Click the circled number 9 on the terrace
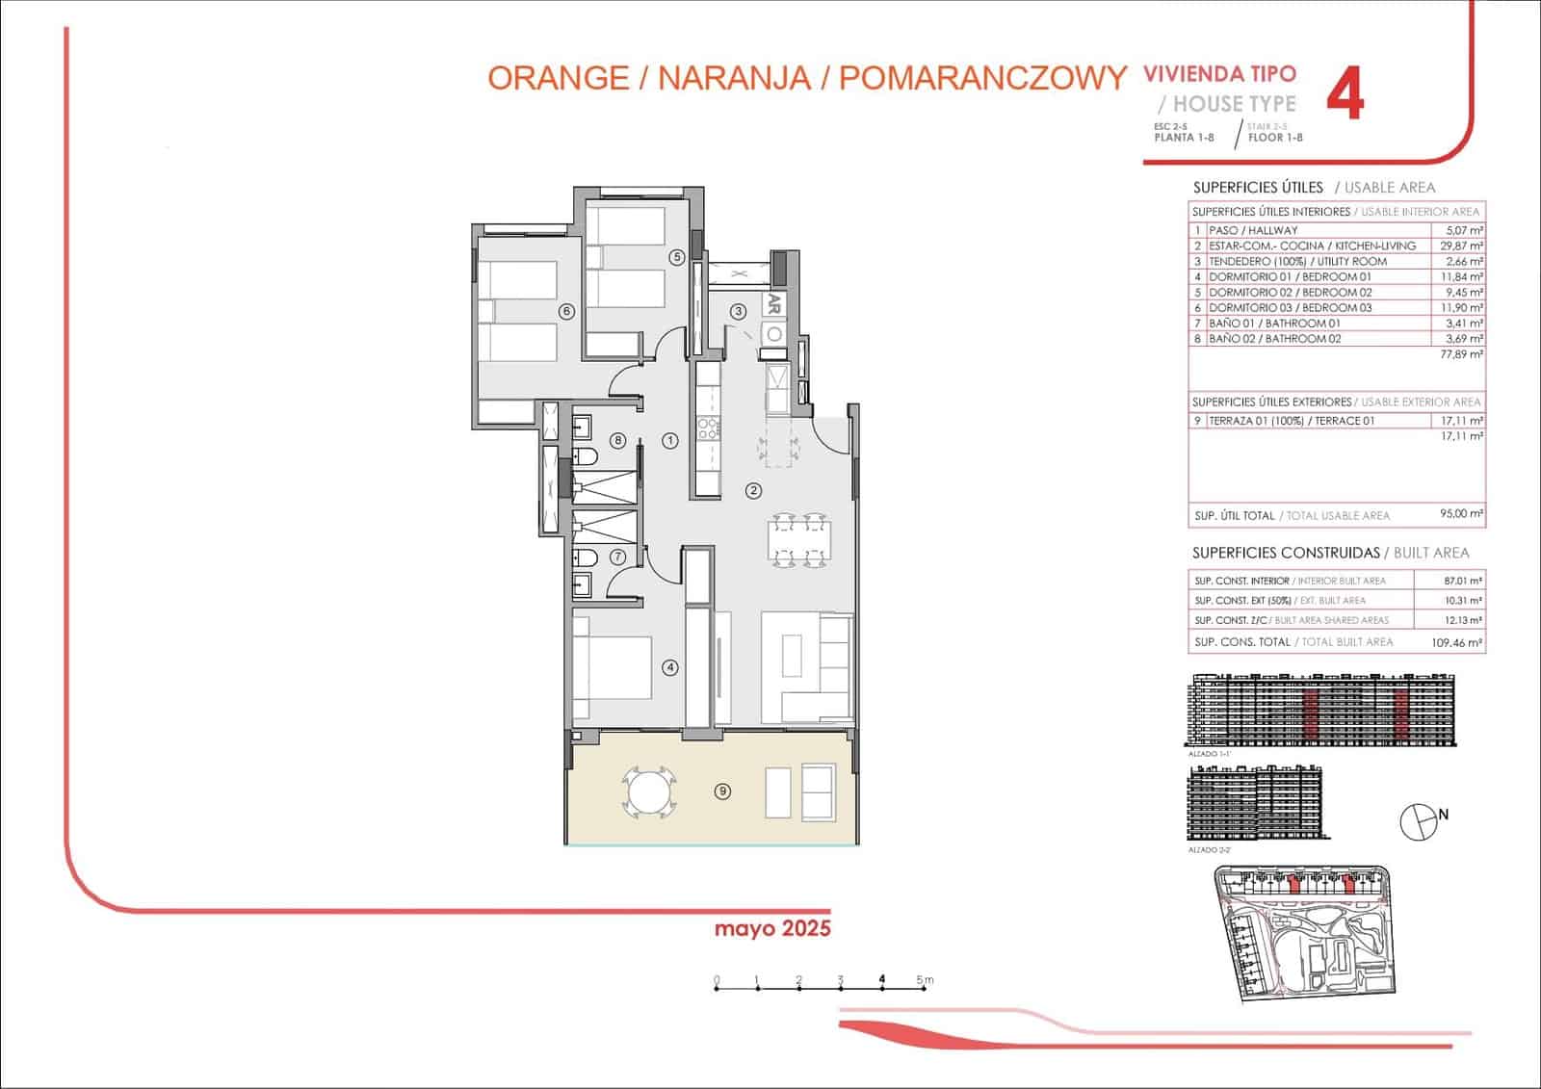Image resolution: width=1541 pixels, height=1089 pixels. click(x=722, y=791)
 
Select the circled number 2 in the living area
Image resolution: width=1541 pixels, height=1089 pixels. click(x=753, y=491)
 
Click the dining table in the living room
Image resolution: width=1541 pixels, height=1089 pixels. click(x=800, y=540)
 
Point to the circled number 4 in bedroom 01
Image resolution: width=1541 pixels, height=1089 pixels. click(x=670, y=667)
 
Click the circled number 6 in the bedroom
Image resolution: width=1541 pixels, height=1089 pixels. click(x=566, y=311)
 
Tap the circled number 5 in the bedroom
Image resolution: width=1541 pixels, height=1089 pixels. click(x=677, y=257)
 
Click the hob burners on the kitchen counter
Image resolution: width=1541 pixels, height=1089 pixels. click(x=708, y=428)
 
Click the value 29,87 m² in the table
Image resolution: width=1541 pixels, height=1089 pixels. click(x=1460, y=246)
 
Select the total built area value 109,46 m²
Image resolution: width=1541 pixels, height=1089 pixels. click(x=1456, y=642)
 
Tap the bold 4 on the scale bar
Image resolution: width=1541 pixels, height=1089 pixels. click(x=882, y=979)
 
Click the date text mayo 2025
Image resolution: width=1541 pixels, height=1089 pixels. click(x=772, y=929)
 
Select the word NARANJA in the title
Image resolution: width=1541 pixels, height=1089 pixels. click(x=733, y=78)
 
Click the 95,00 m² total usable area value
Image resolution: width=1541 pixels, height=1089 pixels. click(x=1460, y=514)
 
